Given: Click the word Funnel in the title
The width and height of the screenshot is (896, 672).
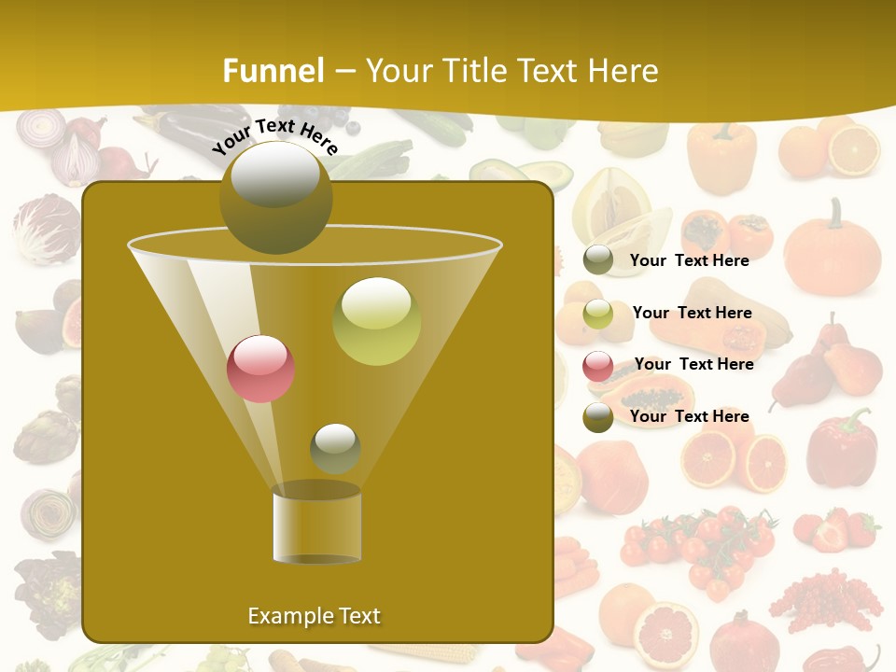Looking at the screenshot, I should (273, 71).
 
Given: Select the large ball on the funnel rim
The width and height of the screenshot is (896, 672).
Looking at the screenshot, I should (275, 197).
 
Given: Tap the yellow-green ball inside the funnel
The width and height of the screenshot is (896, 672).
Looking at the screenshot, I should (376, 321).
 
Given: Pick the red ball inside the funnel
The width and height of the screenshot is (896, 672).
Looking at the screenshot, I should (261, 369).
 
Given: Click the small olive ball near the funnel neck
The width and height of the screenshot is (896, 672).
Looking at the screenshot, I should (335, 449).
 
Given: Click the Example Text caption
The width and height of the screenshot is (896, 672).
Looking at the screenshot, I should (315, 616).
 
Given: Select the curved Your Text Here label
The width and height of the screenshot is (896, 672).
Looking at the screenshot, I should (275, 136).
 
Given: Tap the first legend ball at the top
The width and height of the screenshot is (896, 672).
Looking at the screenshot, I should (598, 260).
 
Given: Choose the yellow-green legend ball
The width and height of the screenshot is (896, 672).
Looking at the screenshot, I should (598, 314).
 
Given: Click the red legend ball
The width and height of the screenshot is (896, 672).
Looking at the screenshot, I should (598, 365).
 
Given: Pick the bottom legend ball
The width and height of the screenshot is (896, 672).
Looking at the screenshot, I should (598, 417).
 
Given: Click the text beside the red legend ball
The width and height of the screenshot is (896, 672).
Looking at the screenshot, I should (693, 364).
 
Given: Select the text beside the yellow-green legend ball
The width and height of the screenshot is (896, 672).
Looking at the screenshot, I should (692, 313).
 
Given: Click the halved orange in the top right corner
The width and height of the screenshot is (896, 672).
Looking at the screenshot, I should (854, 150).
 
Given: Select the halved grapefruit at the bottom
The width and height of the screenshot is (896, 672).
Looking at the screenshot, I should (665, 633).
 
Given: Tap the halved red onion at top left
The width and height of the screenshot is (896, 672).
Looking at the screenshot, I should (75, 159).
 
